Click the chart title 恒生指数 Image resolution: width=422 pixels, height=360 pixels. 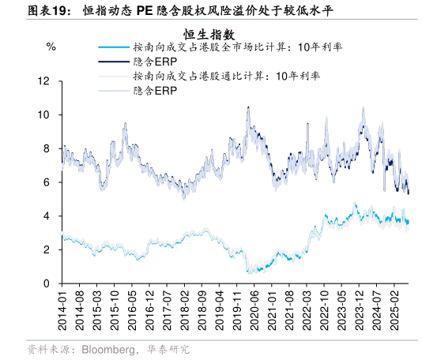(209, 34)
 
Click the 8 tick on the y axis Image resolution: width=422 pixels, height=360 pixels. (47, 148)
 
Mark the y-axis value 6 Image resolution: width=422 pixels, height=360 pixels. (47, 182)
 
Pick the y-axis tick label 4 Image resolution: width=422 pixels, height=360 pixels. (47, 216)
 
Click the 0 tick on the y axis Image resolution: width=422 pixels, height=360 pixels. (47, 283)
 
